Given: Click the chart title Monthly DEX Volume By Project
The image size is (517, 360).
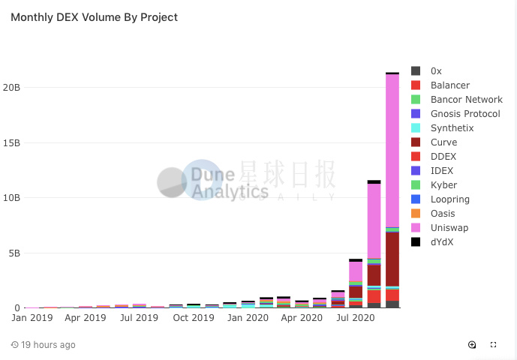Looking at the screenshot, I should (94, 16).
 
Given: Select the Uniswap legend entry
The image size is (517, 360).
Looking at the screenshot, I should (448, 228).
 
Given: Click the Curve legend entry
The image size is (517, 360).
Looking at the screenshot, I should (443, 142).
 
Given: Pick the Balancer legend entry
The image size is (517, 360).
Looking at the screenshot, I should (450, 85).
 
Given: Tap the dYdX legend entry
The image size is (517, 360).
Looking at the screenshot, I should (443, 242).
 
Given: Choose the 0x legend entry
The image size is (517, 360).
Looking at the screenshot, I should (436, 71).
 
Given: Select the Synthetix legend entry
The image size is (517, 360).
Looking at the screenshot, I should (452, 128).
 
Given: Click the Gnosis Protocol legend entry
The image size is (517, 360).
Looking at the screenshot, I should (464, 114).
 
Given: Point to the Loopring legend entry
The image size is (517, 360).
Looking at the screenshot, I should (449, 199).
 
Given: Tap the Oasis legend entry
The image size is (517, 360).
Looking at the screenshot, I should (443, 214).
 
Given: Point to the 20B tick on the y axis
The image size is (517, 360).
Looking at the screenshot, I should (11, 87).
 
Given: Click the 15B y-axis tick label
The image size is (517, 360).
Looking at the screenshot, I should (11, 142).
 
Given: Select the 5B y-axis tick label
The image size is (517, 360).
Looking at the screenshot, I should (14, 253).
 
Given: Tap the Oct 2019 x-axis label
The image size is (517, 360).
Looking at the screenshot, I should (193, 318).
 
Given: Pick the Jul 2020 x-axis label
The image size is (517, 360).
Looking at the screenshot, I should (355, 318).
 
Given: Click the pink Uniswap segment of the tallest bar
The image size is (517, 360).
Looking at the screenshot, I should (392, 150).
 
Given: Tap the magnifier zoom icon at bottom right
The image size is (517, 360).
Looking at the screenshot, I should (472, 345).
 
